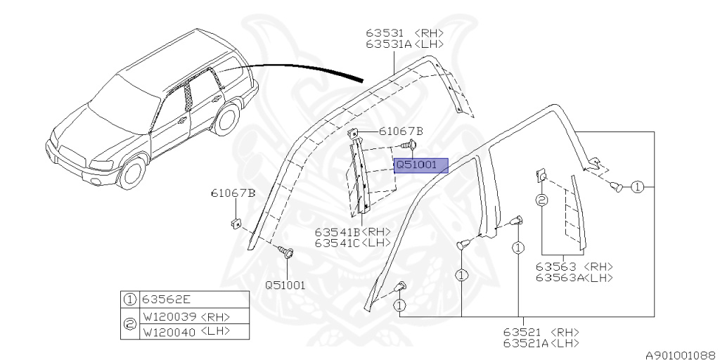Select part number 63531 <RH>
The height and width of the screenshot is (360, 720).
click(401, 32)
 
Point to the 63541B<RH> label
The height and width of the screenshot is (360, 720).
click(352, 231)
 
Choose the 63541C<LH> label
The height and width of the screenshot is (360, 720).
click(352, 243)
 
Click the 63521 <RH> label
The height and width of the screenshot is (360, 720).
click(540, 331)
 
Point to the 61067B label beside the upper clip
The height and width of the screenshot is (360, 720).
click(401, 131)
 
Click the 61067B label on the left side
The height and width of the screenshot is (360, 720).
click(233, 193)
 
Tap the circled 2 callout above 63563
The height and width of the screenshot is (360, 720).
click(542, 200)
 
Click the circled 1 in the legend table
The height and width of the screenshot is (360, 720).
click(130, 299)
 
